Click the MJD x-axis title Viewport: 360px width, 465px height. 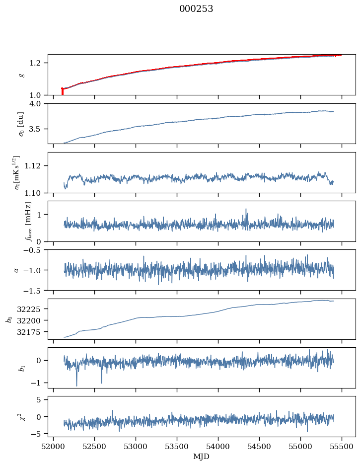coord(202,456)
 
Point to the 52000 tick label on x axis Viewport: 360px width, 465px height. coord(53,446)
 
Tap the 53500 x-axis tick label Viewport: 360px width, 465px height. coord(177,446)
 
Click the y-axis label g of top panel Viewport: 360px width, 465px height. coord(21,75)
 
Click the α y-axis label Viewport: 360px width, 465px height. coord(16,270)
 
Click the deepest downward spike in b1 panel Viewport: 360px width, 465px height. coord(76,385)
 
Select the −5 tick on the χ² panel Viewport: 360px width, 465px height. coord(40,434)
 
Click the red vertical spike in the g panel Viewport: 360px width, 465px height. coord(62,91)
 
